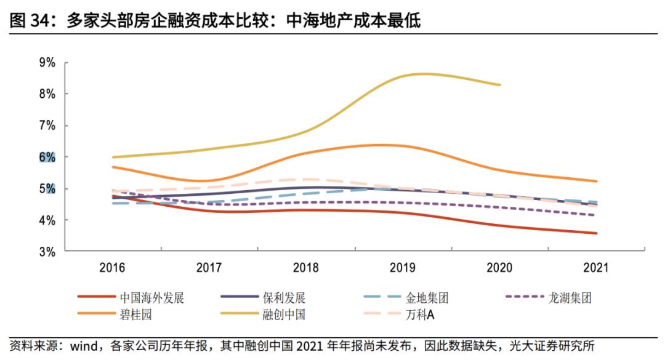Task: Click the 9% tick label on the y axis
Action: pos(47,63)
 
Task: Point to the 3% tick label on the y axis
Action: pos(47,252)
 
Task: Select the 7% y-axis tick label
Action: pos(47,126)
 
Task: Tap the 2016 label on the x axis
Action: pos(113,268)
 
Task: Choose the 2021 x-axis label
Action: pos(595,268)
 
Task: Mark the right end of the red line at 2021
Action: pos(596,233)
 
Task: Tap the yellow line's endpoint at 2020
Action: pos(500,85)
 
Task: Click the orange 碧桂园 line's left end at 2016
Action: pos(113,167)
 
